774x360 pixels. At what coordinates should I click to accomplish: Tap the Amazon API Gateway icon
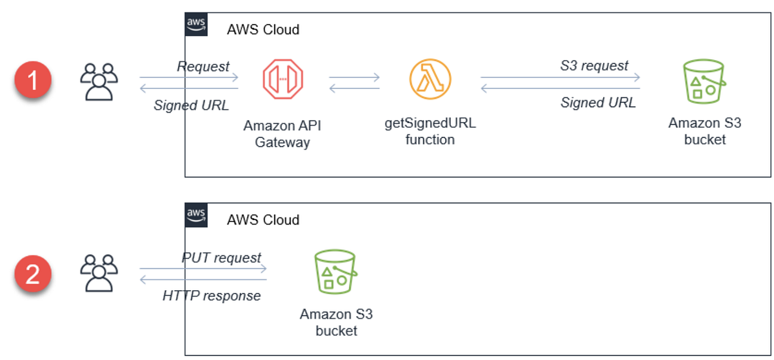point(283,79)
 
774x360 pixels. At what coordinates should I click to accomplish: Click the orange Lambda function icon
point(430,79)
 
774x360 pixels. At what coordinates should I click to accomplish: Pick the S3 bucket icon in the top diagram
point(704,82)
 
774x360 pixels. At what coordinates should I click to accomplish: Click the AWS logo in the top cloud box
point(197,25)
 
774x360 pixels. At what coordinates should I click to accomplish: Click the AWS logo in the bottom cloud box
point(197,215)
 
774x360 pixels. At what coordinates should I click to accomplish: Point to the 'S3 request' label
point(594,65)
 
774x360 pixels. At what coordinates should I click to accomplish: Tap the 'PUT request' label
point(221,257)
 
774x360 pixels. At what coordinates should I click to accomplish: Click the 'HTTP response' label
point(212,295)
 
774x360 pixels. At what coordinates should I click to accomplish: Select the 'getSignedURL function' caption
point(430,131)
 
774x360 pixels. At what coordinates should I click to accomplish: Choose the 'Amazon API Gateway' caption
point(283,134)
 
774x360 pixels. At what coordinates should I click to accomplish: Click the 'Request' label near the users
point(203,66)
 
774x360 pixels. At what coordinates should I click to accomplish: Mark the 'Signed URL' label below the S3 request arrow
point(598,102)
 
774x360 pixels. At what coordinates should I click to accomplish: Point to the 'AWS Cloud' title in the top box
point(263,30)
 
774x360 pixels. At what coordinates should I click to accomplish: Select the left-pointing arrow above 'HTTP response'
point(203,279)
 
